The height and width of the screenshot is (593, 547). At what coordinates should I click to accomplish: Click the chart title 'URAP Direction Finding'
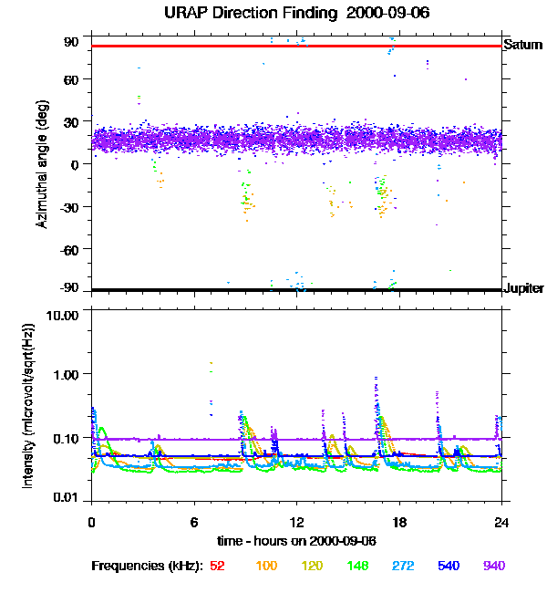click(x=260, y=13)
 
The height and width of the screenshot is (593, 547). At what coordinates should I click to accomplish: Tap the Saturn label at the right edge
click(x=523, y=45)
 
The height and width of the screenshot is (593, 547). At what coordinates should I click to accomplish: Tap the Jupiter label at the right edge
click(x=524, y=289)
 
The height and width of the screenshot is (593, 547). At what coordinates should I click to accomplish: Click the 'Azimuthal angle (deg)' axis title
click(x=42, y=164)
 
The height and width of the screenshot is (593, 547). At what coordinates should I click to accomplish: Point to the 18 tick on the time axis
click(x=398, y=523)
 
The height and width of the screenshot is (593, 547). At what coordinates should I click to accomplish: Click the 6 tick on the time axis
click(x=194, y=523)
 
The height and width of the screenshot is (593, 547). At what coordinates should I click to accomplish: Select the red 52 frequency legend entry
click(x=217, y=567)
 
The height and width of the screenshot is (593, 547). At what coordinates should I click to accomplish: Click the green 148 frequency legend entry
click(x=356, y=567)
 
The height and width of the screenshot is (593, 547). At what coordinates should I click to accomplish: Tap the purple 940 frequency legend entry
click(x=493, y=567)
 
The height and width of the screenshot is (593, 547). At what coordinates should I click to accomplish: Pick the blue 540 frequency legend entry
click(x=448, y=567)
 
